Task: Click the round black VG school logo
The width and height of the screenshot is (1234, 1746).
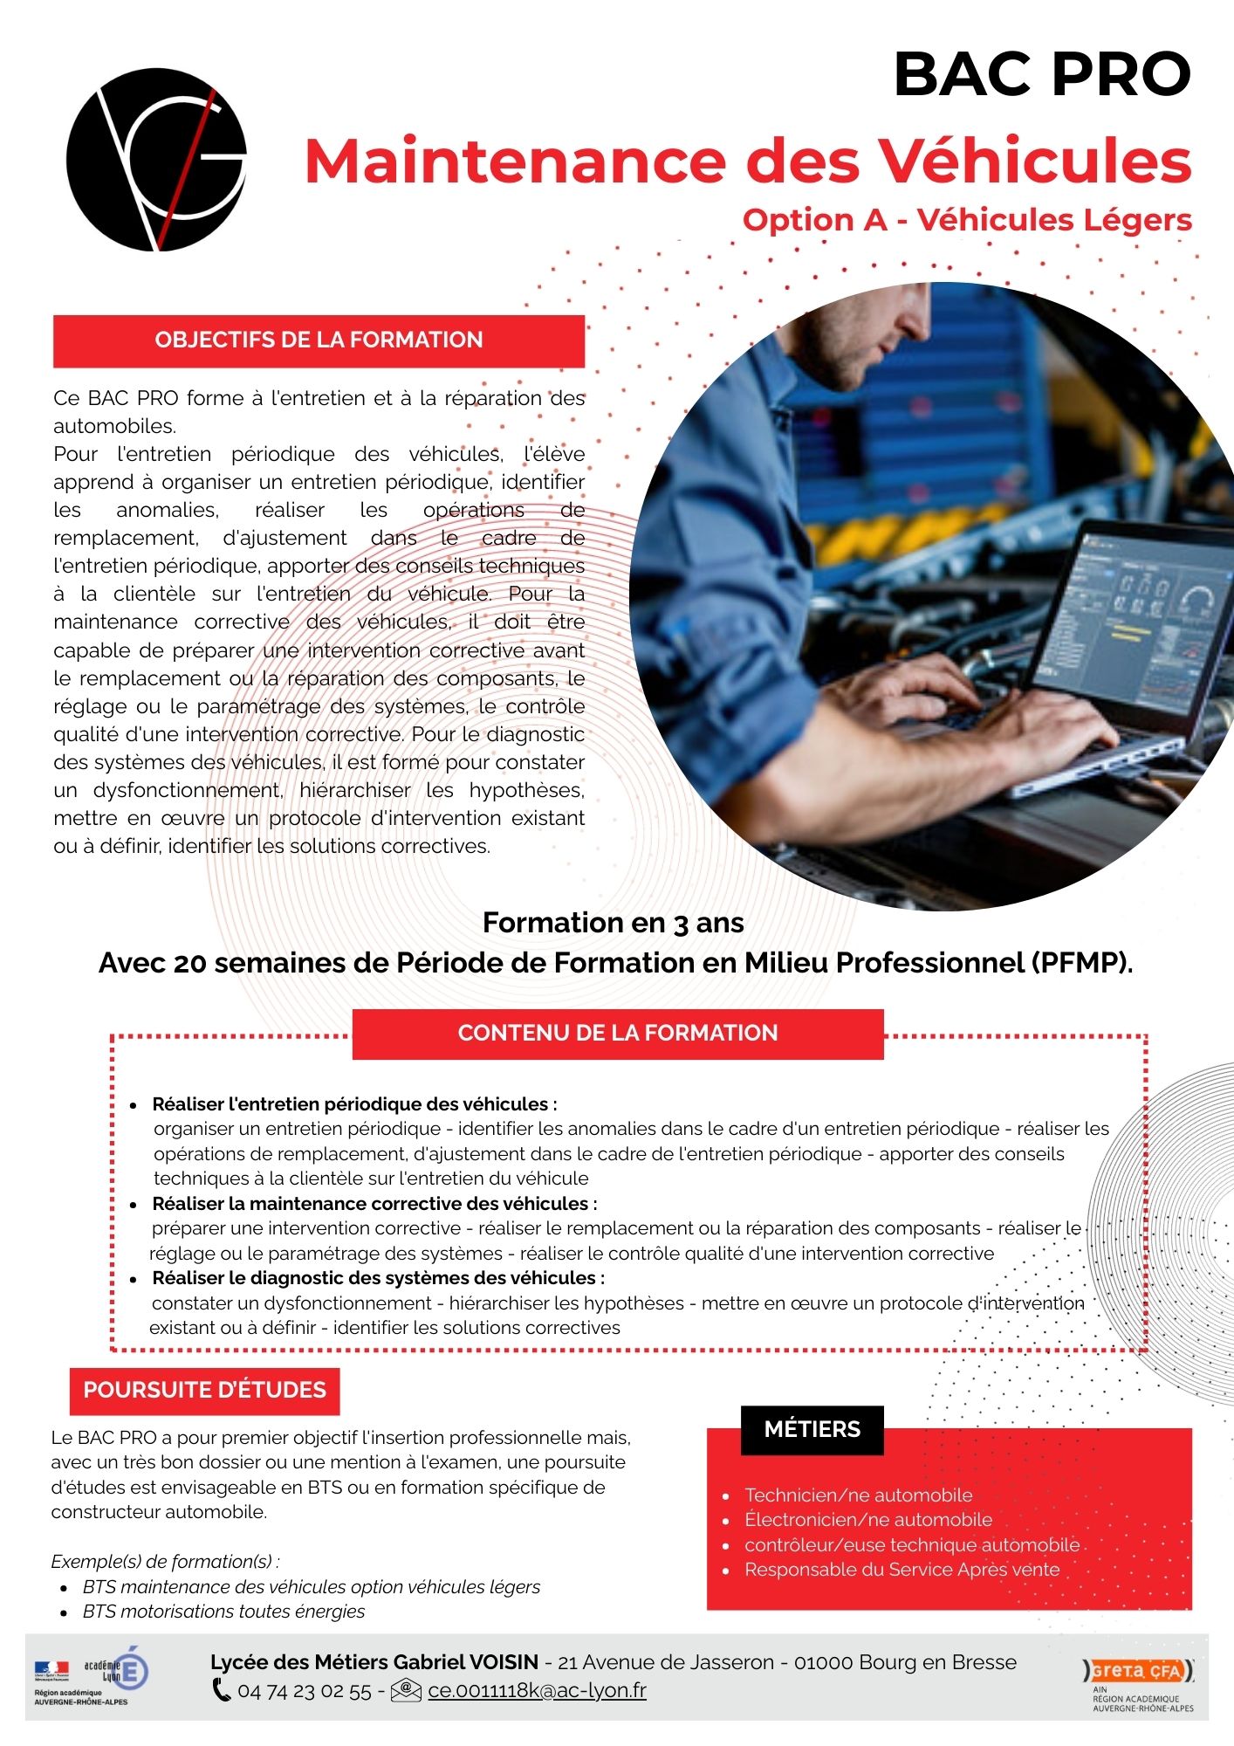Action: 156,160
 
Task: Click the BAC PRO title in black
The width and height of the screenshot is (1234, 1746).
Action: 1042,75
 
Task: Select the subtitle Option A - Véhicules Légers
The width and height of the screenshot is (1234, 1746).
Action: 966,220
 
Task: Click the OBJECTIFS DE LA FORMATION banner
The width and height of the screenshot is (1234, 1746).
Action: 319,340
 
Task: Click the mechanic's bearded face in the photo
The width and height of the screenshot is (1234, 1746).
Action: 873,340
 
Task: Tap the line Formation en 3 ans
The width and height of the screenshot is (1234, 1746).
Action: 613,923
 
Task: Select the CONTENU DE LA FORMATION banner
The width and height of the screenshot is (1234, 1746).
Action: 617,1034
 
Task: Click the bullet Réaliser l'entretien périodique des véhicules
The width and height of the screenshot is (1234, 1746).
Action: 354,1104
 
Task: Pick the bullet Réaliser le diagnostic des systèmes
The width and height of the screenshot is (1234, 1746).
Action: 378,1278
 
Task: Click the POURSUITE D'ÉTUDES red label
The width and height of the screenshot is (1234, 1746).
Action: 204,1390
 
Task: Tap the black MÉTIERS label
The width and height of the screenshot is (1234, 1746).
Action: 812,1429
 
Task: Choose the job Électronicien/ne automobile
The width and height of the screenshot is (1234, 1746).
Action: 867,1520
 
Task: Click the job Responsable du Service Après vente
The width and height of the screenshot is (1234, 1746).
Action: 902,1570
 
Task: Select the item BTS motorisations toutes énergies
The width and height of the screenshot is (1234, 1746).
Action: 223,1612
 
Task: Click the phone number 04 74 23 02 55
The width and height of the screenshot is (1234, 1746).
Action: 304,1691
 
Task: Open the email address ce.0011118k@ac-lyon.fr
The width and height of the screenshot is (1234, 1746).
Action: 537,1691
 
